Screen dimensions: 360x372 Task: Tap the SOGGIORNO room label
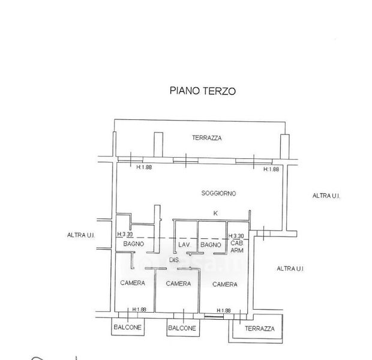[218, 193]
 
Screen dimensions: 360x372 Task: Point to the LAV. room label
[183, 245]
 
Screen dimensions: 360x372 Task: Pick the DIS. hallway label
[174, 260]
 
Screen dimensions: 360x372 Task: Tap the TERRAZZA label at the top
[207, 137]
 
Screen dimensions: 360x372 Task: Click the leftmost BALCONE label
[128, 328]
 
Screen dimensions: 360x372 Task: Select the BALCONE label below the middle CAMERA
[181, 328]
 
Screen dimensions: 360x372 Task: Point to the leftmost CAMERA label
[132, 283]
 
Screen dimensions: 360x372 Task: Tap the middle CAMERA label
[178, 283]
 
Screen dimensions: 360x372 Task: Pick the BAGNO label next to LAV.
[211, 245]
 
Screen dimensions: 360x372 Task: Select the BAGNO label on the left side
[133, 244]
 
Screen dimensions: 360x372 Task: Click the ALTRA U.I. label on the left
[82, 235]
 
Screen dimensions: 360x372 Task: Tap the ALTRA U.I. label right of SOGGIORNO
[326, 196]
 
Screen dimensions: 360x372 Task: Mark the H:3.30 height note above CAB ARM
[236, 236]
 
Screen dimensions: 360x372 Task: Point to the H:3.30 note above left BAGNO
[125, 235]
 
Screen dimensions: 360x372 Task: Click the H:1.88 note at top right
[271, 169]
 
